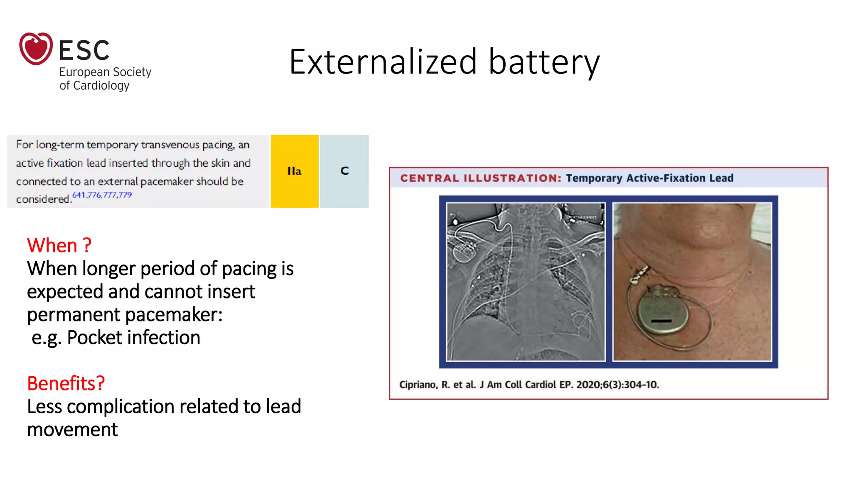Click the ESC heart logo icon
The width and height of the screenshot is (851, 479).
coord(36,49)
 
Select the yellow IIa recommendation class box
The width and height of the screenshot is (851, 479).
coord(294,171)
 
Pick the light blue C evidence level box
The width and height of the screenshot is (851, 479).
coord(344,171)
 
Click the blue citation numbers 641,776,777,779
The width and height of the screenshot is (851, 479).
coord(102,195)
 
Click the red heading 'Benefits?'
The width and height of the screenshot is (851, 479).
coord(66,383)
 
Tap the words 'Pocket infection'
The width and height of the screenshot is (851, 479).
coord(133,338)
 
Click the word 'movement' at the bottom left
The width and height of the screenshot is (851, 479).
coord(72,430)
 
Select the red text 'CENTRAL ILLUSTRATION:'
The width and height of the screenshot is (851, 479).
coord(480,178)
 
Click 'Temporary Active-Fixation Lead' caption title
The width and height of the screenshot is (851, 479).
coord(649,178)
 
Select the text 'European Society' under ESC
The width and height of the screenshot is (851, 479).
coord(105,72)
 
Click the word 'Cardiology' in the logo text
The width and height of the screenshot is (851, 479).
coord(101,86)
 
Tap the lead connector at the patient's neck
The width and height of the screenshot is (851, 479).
coord(639,274)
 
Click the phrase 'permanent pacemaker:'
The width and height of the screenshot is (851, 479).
coord(125,315)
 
